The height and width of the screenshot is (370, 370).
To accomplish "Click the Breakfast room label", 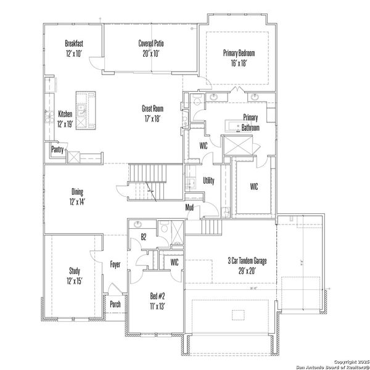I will (74, 43).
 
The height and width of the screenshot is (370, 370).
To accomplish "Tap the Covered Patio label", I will (151, 43).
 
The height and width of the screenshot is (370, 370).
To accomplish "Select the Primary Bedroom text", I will (239, 53).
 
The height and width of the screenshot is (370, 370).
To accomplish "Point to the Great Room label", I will (152, 109).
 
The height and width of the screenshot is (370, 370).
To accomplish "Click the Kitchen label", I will (65, 114).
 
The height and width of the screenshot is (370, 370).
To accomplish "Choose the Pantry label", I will (57, 149).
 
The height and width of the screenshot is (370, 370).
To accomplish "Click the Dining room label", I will (77, 192).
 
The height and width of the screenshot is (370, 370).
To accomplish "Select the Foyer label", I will (115, 265).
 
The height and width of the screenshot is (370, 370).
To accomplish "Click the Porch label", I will (115, 304).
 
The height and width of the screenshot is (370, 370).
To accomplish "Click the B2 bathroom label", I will (143, 236).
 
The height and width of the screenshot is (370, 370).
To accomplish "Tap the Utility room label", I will (208, 181).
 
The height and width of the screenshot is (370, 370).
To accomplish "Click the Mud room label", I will (190, 207).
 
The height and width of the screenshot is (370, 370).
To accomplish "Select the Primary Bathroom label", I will (250, 122).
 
